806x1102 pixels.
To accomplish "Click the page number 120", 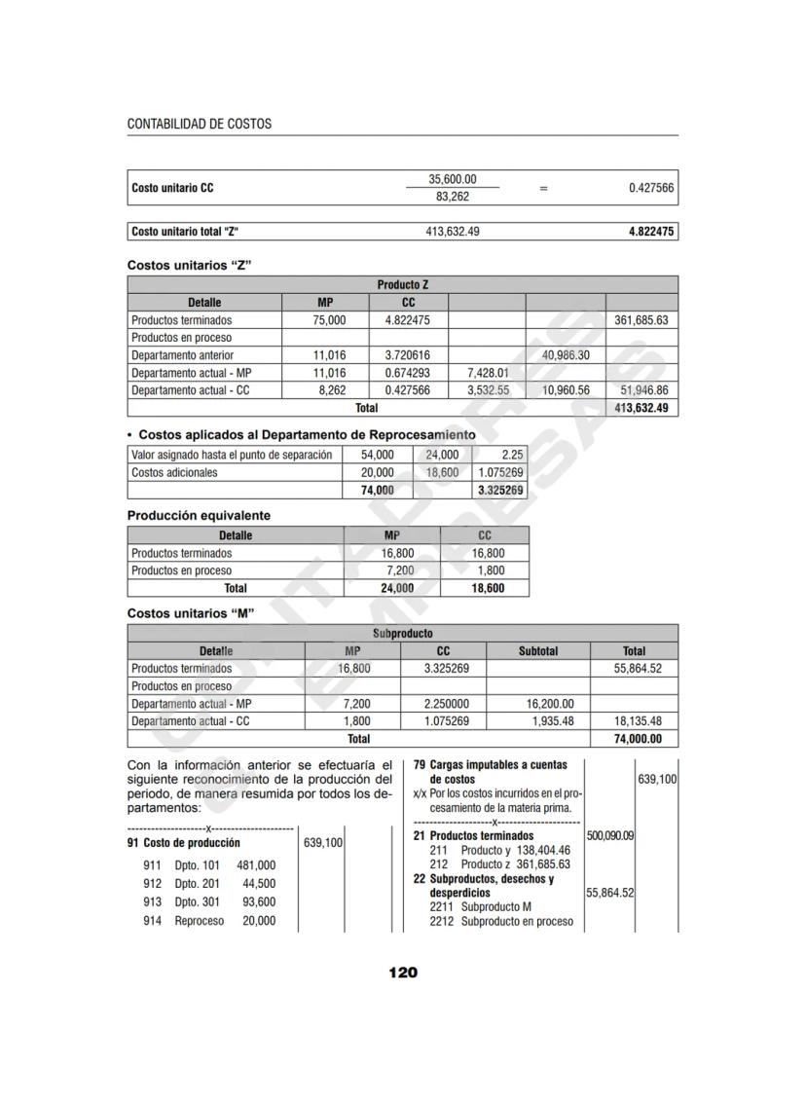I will coord(403,973).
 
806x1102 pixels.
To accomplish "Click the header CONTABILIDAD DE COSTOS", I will coord(200,125).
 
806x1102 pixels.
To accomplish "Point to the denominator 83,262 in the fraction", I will coord(453,197).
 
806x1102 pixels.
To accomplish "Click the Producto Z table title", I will coord(403,285).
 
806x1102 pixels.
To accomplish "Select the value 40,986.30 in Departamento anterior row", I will coord(564,355).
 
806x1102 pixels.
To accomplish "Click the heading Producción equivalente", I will coord(200,516).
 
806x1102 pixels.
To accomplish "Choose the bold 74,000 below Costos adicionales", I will coord(377,491).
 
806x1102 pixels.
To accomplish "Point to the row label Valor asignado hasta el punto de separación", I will coord(232,455).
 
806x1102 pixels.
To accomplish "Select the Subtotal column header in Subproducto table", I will coord(537,651).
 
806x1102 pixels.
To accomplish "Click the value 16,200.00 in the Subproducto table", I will coord(549,704).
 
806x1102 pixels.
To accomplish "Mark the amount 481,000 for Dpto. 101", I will coord(256,864).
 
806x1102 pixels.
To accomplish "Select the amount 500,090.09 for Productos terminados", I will coord(610,836).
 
